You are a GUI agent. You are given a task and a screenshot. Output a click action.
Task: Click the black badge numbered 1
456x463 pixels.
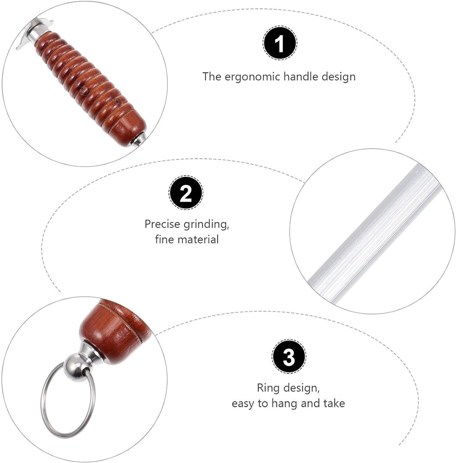280,43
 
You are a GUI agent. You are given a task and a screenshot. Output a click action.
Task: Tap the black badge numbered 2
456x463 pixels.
186,193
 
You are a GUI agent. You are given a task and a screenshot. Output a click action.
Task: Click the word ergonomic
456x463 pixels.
252,77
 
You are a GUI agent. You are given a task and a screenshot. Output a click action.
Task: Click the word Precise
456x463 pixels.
163,224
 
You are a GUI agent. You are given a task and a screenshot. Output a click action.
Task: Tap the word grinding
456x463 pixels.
206,225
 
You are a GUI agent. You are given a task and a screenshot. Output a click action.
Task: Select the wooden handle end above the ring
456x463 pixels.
116,331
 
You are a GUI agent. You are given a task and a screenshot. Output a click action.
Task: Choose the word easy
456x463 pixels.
243,404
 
